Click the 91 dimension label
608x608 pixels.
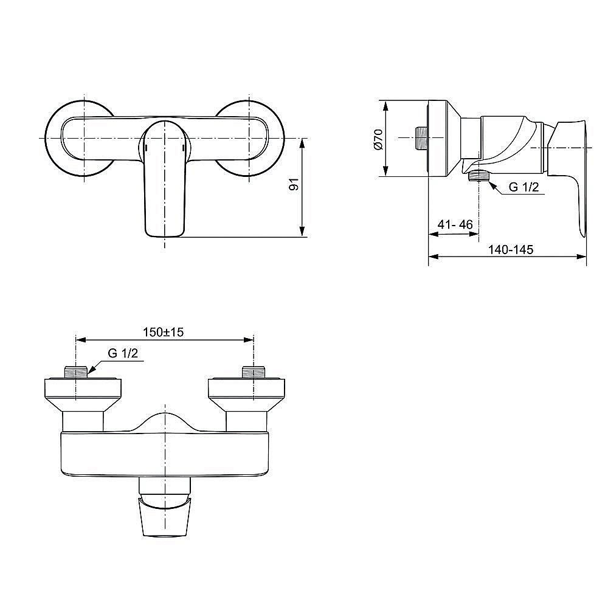[294, 185]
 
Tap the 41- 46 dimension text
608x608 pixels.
[455, 224]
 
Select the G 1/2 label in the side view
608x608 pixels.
[523, 187]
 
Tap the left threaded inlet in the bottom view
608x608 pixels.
[75, 373]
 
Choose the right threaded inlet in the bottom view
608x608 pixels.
[252, 373]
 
